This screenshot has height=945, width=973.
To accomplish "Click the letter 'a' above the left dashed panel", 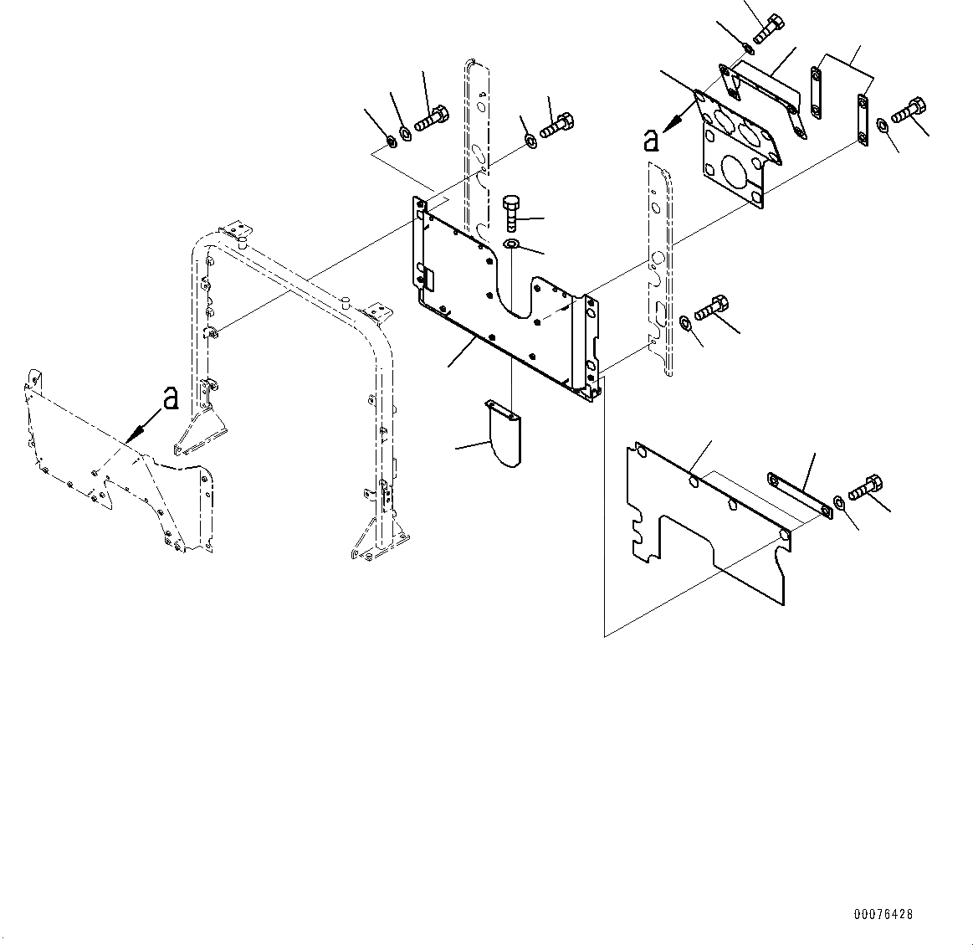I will [x=171, y=398].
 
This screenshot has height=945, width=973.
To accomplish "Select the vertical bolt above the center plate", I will [x=512, y=213].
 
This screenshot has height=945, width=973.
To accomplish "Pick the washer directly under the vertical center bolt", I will [x=512, y=244].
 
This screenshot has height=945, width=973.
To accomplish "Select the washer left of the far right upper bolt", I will [x=883, y=126].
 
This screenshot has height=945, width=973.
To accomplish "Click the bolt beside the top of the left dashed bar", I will [x=556, y=124].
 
